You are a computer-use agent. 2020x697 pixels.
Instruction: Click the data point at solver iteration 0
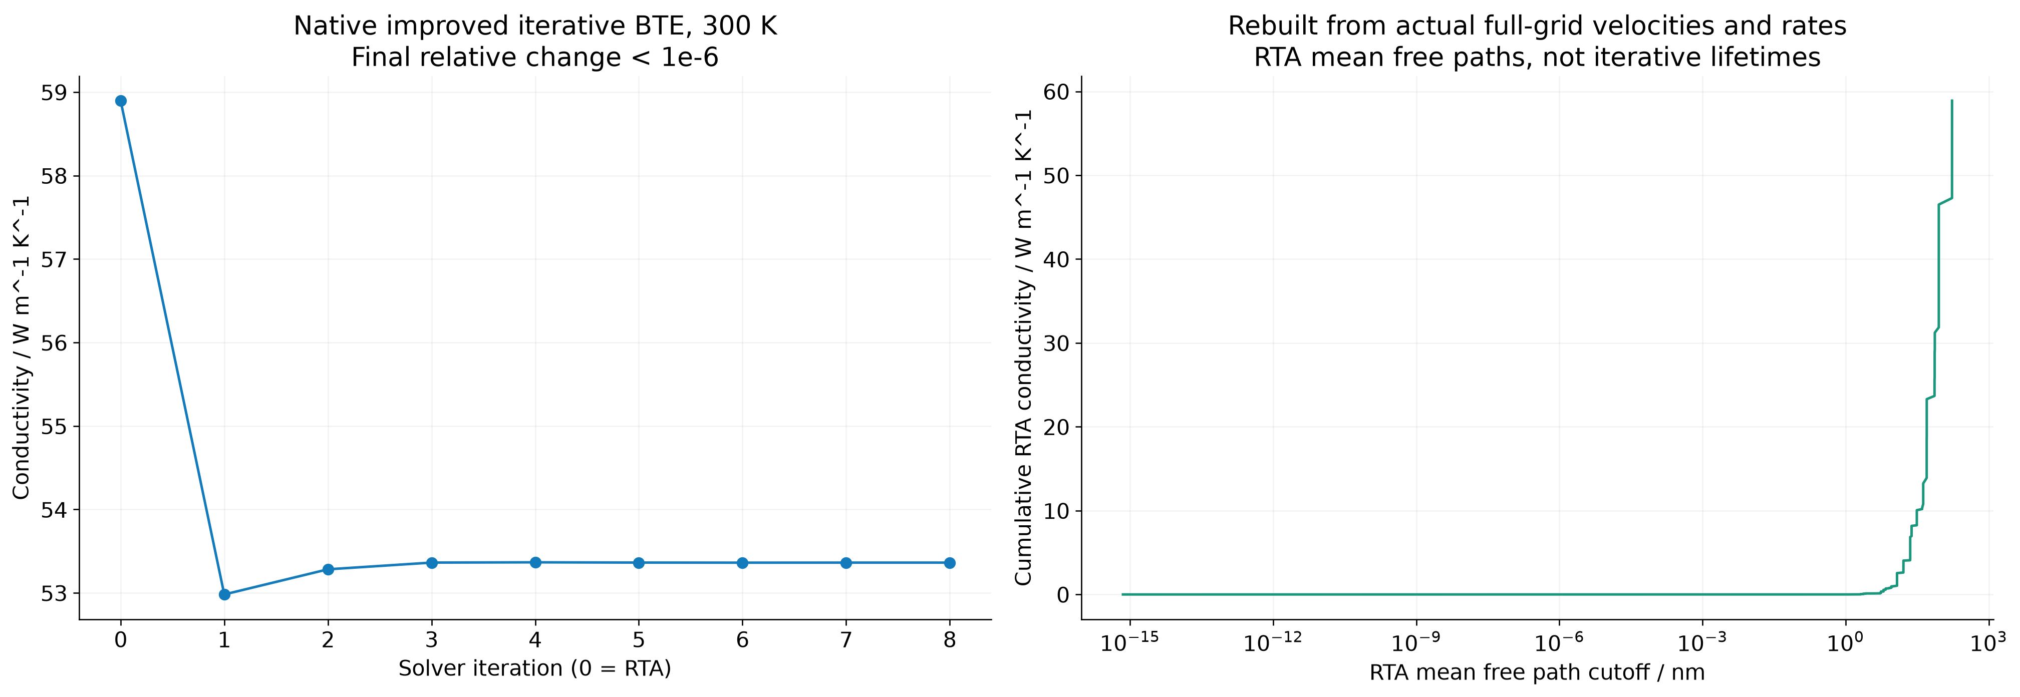[121, 101]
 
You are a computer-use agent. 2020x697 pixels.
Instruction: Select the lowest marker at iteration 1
[224, 594]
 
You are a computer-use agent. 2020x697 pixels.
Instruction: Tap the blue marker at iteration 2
[328, 569]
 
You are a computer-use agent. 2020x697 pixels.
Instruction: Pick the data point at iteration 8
[950, 563]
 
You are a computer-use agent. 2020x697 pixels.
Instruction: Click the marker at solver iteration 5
[639, 563]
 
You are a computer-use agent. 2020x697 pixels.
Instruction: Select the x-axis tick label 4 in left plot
[535, 640]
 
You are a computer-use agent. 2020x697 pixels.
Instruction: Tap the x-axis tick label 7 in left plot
[846, 640]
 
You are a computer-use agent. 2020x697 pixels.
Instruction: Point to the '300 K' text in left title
[739, 27]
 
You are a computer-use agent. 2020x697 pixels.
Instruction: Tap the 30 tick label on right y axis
[1056, 343]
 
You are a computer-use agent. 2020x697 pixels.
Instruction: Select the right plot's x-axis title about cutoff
[1537, 672]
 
